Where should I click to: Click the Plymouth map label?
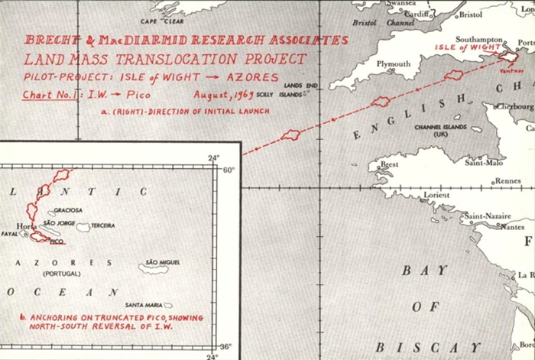[x=394, y=65]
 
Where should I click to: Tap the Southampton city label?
[x=478, y=39]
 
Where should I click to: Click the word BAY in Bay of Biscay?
[x=414, y=271]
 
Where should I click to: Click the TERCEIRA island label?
[x=102, y=225]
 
